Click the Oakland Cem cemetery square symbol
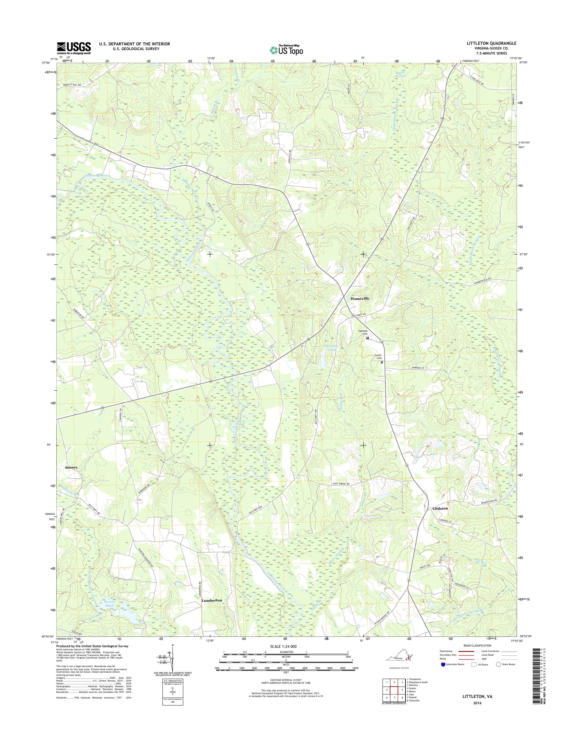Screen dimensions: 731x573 click(x=367, y=338)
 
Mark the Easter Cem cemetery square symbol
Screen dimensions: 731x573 click(x=382, y=362)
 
